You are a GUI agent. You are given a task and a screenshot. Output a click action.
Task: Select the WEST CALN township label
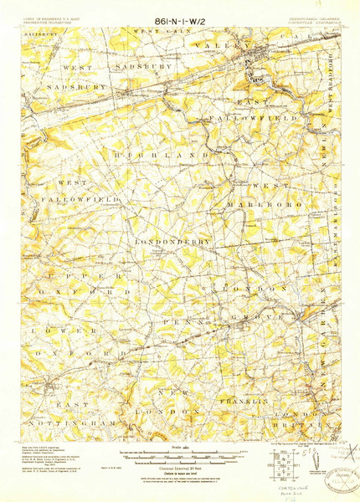[151, 30]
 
